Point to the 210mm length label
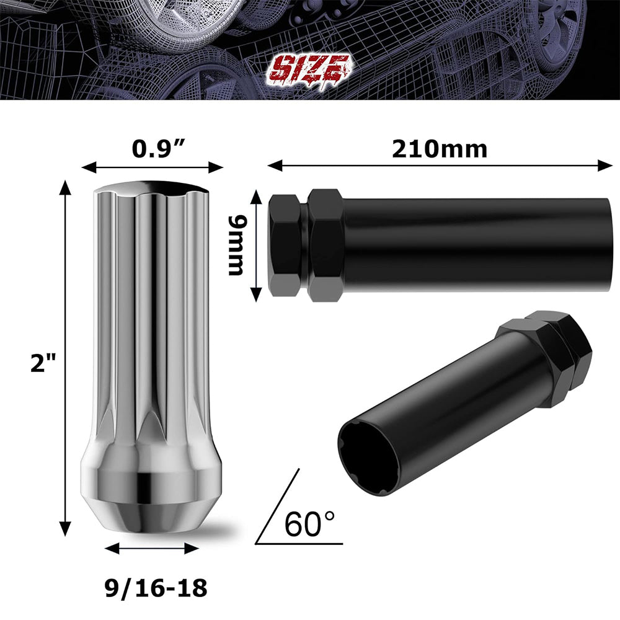(440, 149)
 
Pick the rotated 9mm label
(236, 246)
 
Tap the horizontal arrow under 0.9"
(153, 167)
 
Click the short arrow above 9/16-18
(152, 548)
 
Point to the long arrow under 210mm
(440, 166)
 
